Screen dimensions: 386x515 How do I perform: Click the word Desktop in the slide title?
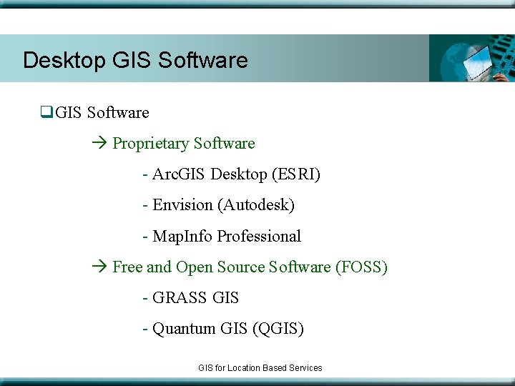64,60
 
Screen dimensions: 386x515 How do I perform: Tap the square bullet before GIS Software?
47,112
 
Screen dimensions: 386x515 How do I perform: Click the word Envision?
182,205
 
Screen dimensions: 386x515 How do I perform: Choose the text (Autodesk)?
257,205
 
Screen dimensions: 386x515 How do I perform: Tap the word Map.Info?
182,237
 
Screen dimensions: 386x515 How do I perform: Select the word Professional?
259,237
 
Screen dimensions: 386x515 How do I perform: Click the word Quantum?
183,329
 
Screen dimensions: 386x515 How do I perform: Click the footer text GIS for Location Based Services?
260,367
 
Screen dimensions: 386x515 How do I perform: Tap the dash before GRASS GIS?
146,298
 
